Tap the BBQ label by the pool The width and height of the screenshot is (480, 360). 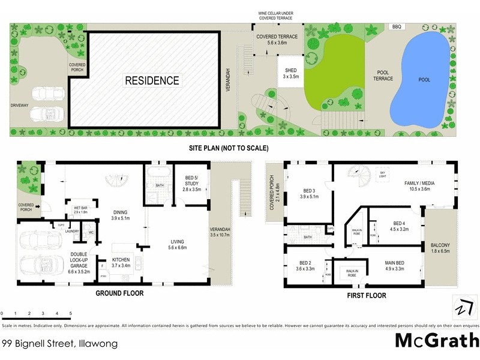coord(396,27)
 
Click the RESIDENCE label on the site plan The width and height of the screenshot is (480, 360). coord(152,80)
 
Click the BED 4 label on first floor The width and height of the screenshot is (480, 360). coord(399,226)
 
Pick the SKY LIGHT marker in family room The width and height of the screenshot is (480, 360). coord(382,175)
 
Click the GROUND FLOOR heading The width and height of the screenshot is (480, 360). coord(122,294)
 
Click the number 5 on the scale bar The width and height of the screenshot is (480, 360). coord(71,313)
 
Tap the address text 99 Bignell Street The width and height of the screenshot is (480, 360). coord(59,344)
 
